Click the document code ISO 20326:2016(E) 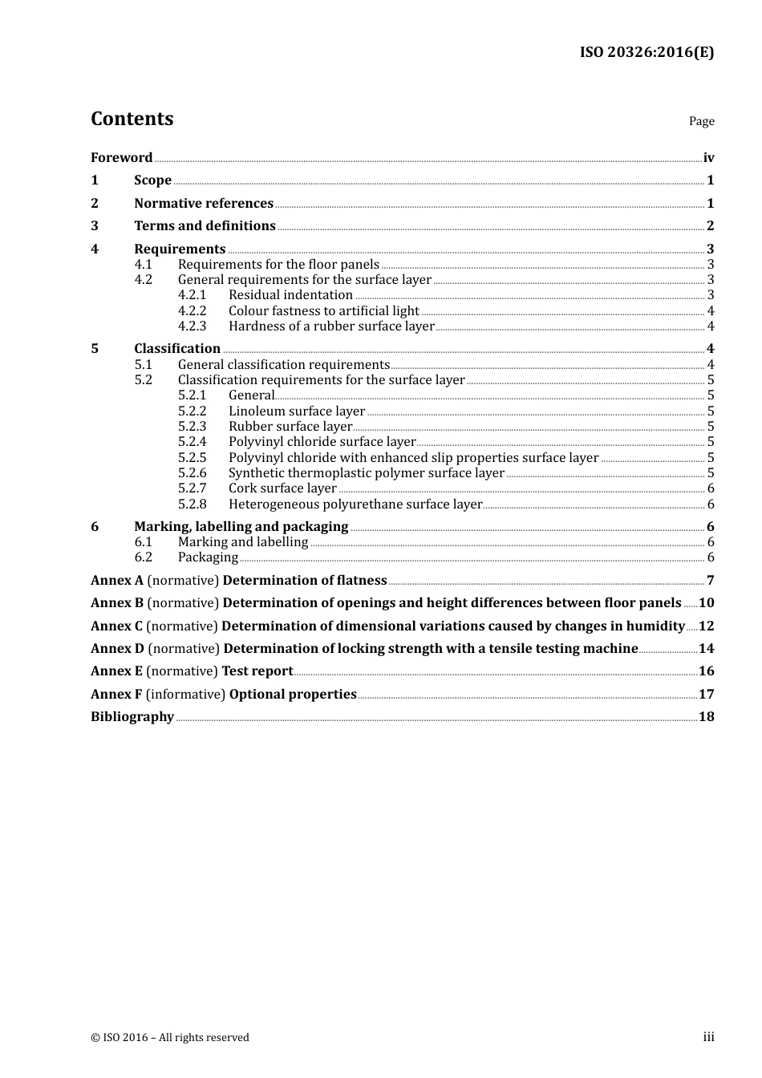[646, 52]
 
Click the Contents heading [132, 119]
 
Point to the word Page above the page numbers [701, 121]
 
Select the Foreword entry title [121, 157]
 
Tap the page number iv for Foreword [708, 158]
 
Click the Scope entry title [152, 180]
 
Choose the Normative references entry [204, 204]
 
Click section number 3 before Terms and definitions [95, 226]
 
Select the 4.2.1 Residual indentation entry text [290, 295]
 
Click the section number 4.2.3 [192, 326]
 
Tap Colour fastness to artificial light [323, 311]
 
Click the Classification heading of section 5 [177, 349]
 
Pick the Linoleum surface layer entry [297, 411]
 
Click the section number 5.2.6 [192, 473]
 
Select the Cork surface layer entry [282, 488]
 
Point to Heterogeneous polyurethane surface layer [355, 505]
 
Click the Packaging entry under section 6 [208, 557]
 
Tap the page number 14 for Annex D [706, 649]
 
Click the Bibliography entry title [132, 717]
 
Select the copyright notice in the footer [170, 1038]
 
